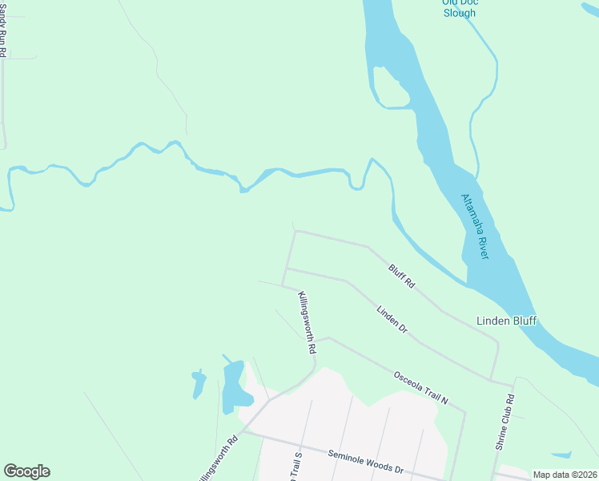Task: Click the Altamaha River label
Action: click(475, 226)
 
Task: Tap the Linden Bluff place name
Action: click(506, 321)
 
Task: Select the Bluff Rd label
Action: click(402, 277)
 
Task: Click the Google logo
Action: click(26, 471)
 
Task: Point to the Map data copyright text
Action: click(565, 475)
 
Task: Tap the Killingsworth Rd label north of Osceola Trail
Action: click(304, 323)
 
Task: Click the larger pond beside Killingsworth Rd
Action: click(232, 386)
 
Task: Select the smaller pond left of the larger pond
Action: click(198, 384)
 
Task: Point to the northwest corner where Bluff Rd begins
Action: click(295, 231)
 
